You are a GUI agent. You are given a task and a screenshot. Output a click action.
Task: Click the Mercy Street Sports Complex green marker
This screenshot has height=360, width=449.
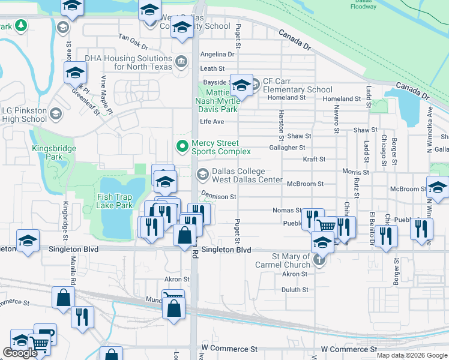click(x=181, y=146)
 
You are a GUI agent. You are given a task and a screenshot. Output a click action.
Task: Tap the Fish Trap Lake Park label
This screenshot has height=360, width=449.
click(x=115, y=201)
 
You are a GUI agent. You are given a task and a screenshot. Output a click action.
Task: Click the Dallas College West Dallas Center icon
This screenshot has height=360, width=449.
click(x=203, y=174)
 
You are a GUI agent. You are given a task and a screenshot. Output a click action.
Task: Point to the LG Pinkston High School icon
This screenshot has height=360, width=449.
click(x=55, y=113)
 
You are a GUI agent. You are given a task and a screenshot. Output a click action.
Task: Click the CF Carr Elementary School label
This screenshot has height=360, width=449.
click(x=297, y=86)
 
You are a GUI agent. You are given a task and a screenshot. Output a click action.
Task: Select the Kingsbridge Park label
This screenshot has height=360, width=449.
click(x=46, y=152)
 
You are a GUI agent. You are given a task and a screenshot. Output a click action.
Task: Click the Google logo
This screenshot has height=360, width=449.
click(x=20, y=353)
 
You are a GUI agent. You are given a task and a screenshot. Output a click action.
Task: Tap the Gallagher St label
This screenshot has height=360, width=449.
click(x=288, y=148)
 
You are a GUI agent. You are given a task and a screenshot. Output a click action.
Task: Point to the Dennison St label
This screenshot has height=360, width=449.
click(x=218, y=196)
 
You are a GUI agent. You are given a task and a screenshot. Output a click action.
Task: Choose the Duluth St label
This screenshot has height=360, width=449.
click(x=295, y=289)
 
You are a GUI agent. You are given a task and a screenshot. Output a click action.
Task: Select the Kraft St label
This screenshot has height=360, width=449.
click(x=314, y=160)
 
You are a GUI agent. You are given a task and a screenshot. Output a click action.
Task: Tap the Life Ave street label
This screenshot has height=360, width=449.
click(x=212, y=122)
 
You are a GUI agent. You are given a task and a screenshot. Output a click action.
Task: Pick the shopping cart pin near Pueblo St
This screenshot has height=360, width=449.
click(x=326, y=225)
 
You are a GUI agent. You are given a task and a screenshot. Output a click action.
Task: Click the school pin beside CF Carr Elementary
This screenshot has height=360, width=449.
click(x=241, y=86)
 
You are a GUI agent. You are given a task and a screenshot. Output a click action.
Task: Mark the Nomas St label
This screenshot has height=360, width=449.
click(x=287, y=211)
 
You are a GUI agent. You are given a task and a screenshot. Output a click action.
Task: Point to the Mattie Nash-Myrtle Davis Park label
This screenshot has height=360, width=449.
click(x=222, y=101)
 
